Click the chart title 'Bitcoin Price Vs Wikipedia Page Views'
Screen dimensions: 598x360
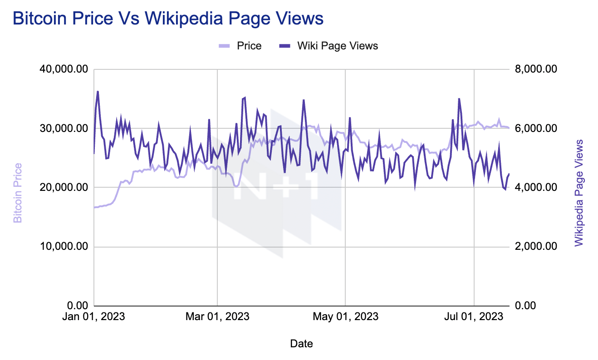point(168,19)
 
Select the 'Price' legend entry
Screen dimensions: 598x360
point(240,46)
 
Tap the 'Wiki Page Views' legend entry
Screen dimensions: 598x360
point(328,46)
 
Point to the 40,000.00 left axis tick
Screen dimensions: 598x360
point(64,69)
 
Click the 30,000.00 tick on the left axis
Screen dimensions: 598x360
point(64,128)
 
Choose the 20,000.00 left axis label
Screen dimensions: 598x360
point(64,187)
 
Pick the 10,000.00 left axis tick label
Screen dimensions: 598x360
point(64,246)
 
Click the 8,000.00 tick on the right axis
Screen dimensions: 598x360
point(536,69)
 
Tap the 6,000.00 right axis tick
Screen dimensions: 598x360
point(536,128)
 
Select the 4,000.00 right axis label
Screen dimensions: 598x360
point(536,187)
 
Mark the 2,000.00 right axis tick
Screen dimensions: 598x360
point(536,246)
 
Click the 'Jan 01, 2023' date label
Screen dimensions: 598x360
point(94,316)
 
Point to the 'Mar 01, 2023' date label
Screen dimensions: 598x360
point(217,316)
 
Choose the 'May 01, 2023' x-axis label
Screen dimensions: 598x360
point(345,316)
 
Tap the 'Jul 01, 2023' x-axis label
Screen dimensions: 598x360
point(474,316)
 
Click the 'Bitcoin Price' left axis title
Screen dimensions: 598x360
point(18,193)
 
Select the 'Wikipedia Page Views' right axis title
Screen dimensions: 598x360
point(578,193)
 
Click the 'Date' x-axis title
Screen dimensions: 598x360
point(301,344)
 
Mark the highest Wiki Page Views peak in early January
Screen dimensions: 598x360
point(98,92)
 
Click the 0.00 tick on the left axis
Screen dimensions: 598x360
point(78,306)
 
